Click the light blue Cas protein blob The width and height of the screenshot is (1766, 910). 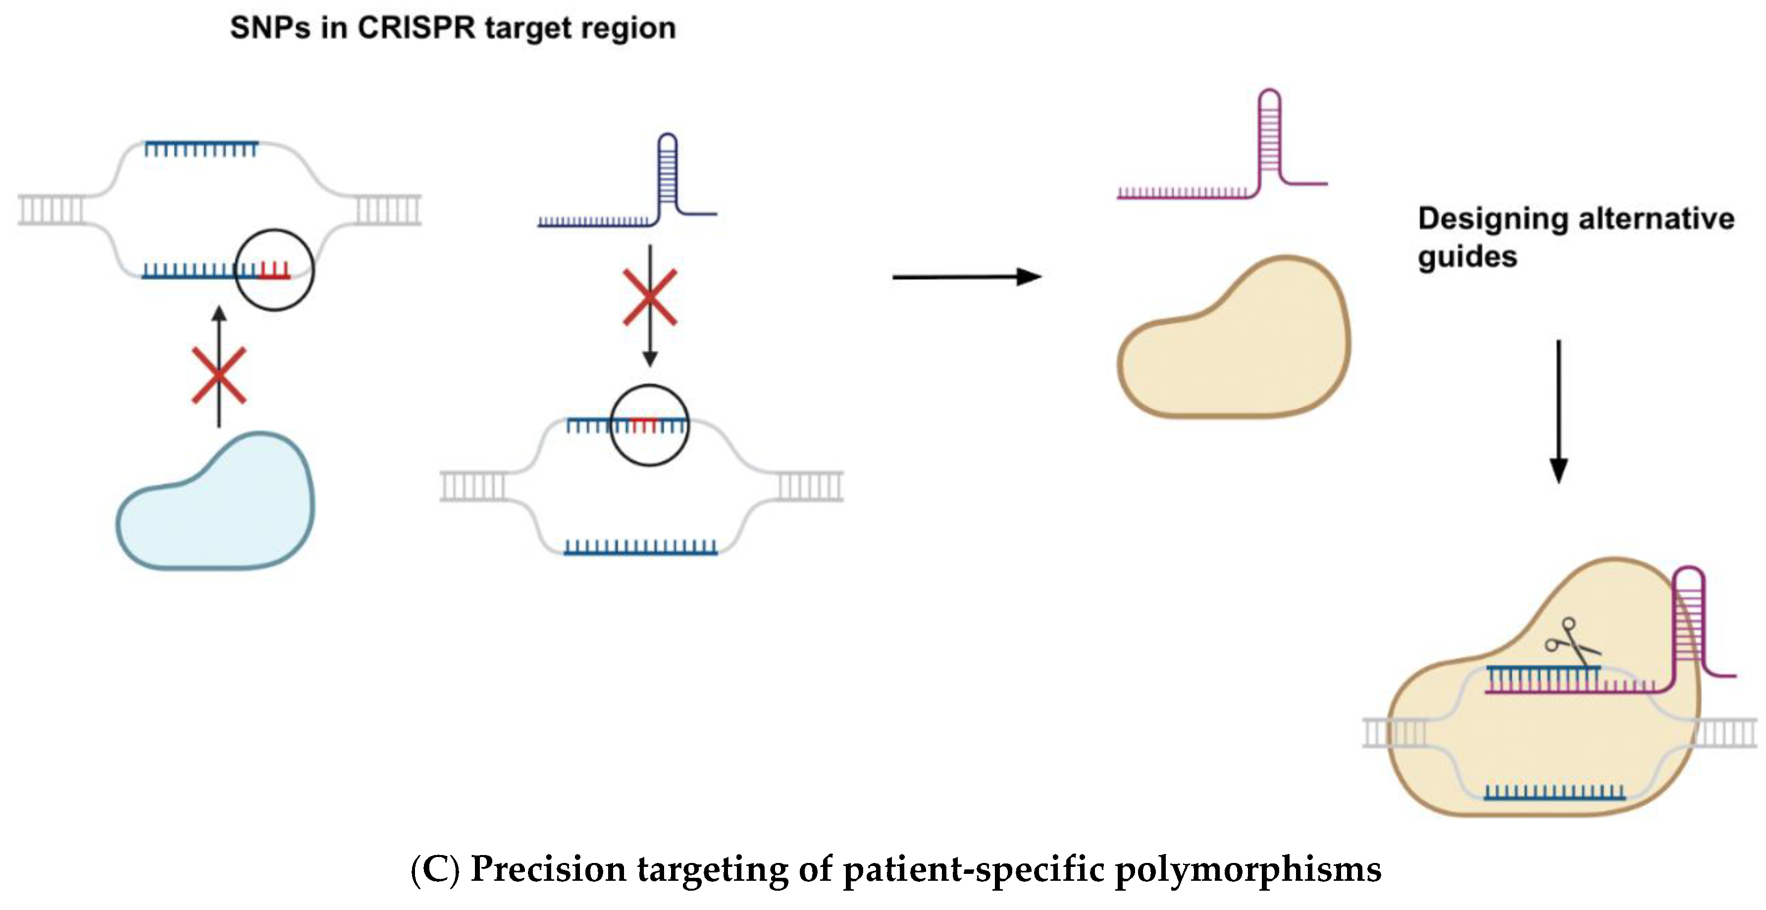(x=216, y=507)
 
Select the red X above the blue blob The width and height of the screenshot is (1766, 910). (x=219, y=375)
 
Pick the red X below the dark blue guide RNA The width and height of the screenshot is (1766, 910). (x=649, y=297)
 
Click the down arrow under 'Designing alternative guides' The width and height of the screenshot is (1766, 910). (x=1558, y=411)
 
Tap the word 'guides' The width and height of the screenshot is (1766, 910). (x=1467, y=257)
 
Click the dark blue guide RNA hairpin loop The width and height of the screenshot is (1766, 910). (x=667, y=171)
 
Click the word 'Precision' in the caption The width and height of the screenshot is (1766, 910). (x=548, y=869)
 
